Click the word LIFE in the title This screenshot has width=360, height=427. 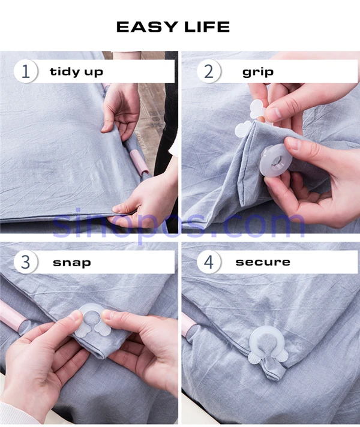click(x=207, y=26)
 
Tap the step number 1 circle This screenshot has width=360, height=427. click(x=26, y=71)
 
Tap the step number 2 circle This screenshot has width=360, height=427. click(x=208, y=71)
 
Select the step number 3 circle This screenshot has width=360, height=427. click(x=26, y=262)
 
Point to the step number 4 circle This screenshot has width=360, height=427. click(x=208, y=262)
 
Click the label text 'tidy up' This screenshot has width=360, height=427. click(x=77, y=72)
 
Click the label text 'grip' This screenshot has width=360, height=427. click(x=258, y=72)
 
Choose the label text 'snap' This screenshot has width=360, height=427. click(x=72, y=263)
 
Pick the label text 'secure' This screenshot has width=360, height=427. click(x=263, y=262)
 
